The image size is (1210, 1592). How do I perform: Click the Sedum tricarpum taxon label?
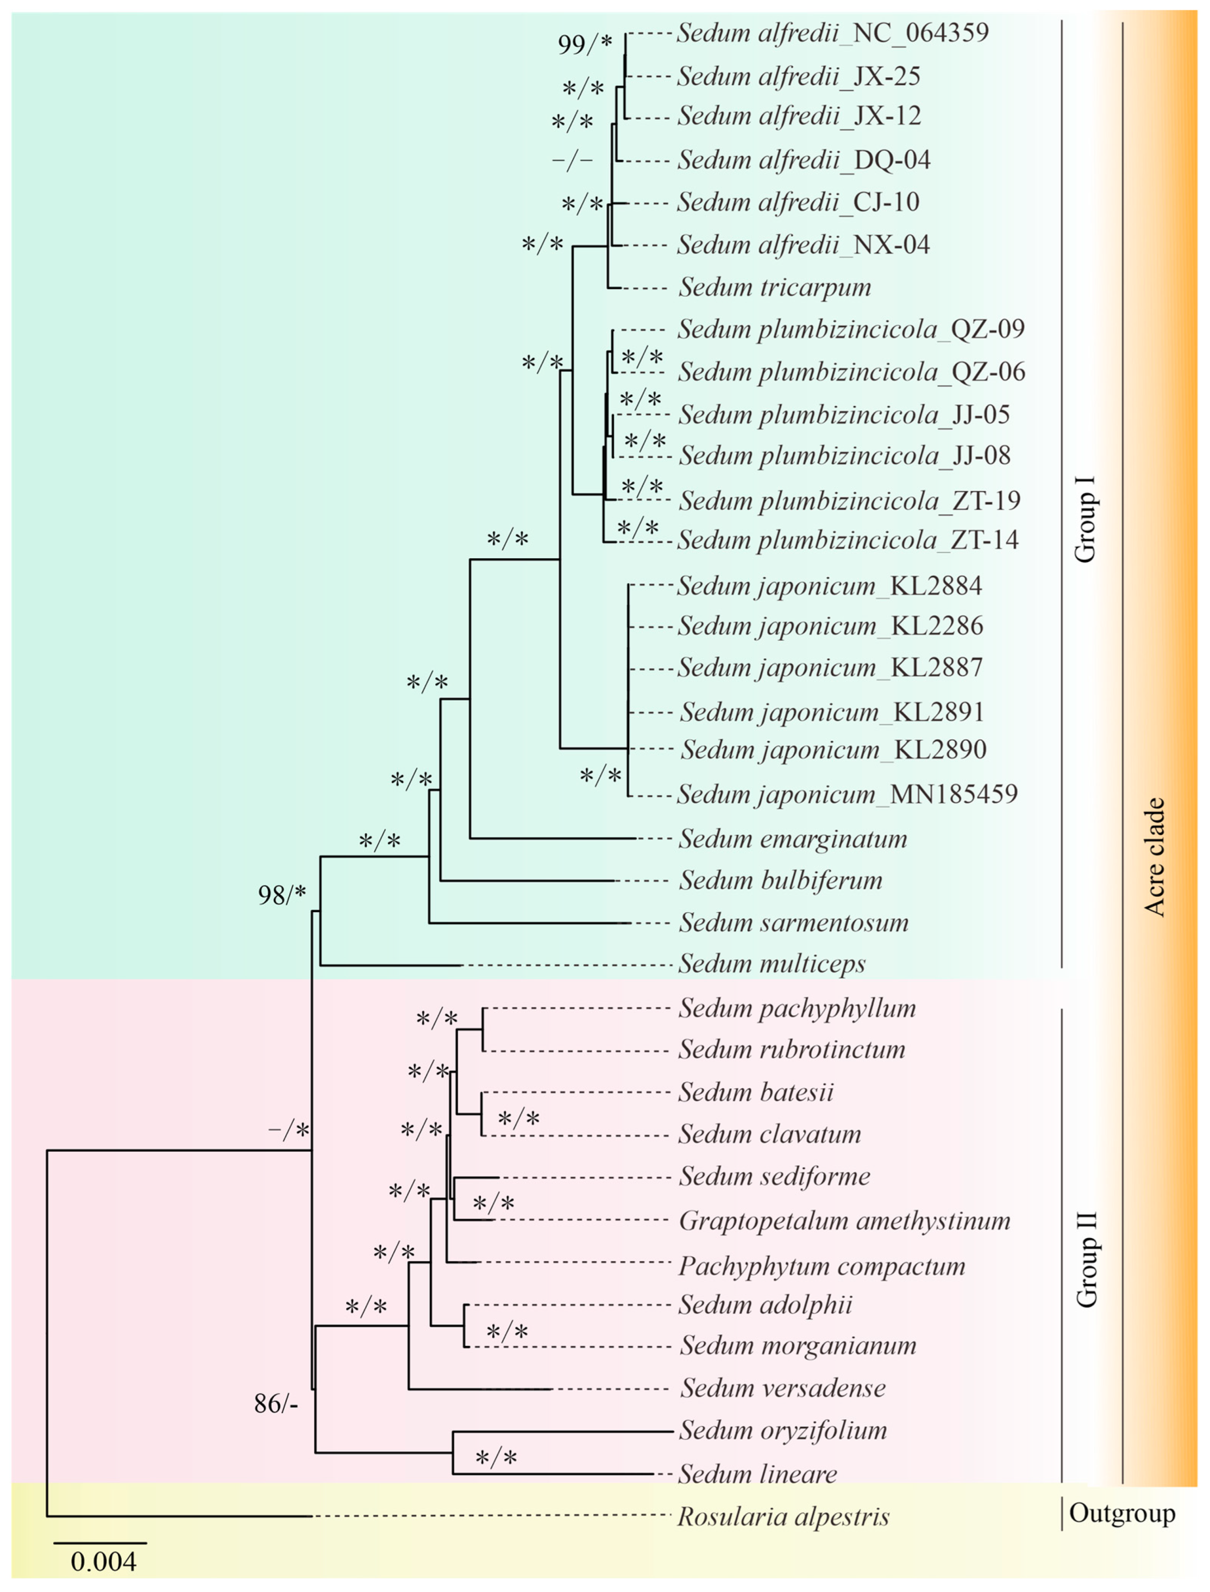click(774, 288)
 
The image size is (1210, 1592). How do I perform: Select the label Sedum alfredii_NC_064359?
click(832, 33)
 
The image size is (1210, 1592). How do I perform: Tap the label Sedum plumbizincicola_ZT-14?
click(848, 540)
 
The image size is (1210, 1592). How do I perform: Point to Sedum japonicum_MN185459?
click(847, 794)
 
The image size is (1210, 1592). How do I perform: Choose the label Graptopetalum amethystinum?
click(844, 1220)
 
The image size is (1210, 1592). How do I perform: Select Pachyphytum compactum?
click(821, 1266)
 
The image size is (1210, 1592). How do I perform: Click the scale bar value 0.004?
click(103, 1561)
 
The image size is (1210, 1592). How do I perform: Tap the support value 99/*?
click(585, 45)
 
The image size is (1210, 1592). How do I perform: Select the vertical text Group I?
click(1084, 519)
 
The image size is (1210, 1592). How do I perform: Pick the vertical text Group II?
click(1086, 1260)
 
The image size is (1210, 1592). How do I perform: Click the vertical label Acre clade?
click(1155, 857)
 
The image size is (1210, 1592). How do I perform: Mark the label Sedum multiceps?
click(772, 963)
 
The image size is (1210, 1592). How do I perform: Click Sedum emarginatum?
click(792, 839)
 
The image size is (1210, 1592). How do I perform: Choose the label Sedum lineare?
click(758, 1474)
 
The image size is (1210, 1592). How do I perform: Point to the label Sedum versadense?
click(783, 1388)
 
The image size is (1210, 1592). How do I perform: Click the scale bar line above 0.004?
click(101, 1543)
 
